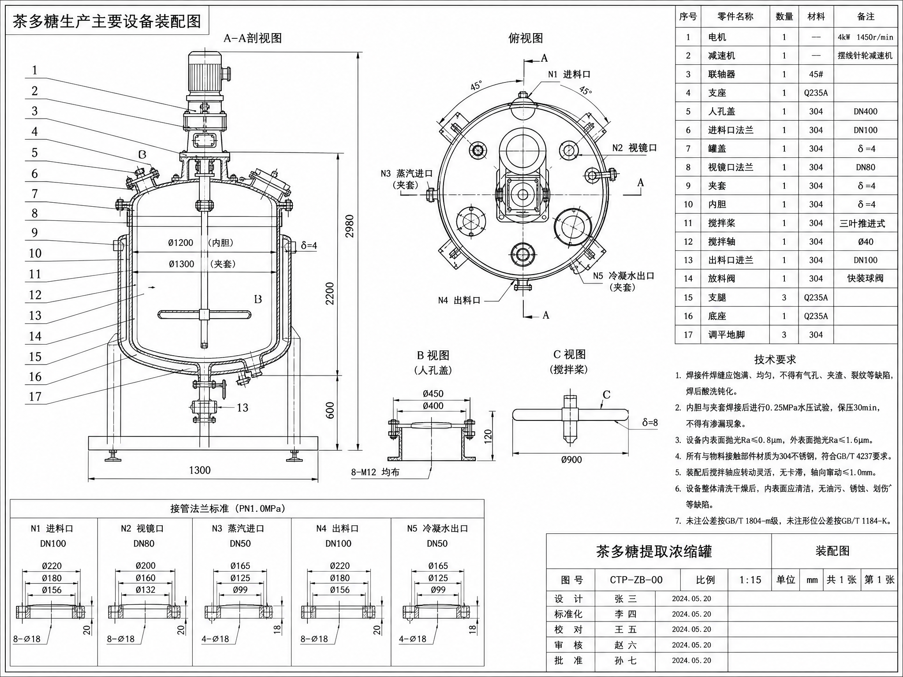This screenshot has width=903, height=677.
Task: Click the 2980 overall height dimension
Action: click(349, 226)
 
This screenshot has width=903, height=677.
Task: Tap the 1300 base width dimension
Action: click(200, 470)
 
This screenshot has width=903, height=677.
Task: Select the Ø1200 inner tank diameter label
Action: click(181, 243)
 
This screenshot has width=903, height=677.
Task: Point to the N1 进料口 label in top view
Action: click(569, 74)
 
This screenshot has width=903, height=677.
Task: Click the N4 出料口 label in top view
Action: click(459, 301)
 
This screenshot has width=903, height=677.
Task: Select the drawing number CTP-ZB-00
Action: click(636, 580)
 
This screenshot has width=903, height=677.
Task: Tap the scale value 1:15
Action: click(750, 580)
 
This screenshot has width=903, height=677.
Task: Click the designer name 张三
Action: click(625, 599)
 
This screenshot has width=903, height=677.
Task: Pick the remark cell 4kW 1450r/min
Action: click(866, 37)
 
